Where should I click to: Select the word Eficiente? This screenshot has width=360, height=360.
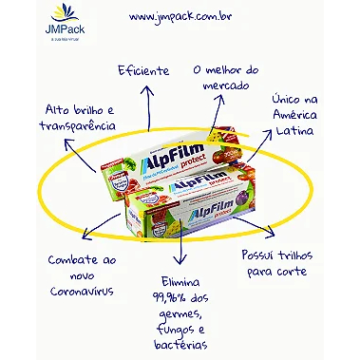point(143,69)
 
